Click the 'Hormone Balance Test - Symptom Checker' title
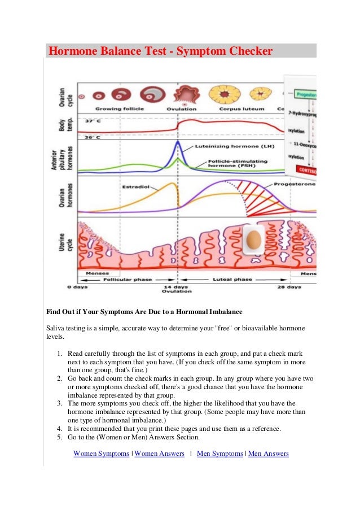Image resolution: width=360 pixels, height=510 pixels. [x=160, y=52]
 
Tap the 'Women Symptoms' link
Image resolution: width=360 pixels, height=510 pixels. [x=101, y=454]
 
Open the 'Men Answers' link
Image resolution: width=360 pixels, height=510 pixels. [x=268, y=454]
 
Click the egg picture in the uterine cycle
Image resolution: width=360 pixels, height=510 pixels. [x=254, y=238]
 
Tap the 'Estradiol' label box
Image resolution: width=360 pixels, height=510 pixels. [x=134, y=186]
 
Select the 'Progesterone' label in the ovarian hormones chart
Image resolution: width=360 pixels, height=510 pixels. [x=295, y=184]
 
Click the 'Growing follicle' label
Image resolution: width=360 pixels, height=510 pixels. [x=120, y=108]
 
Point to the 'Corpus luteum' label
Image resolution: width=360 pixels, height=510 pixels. [x=230, y=108]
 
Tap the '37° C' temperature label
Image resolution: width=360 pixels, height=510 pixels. [x=93, y=121]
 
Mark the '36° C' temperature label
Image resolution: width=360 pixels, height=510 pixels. [x=93, y=137]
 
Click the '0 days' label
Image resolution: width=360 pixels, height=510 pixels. [x=78, y=287]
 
